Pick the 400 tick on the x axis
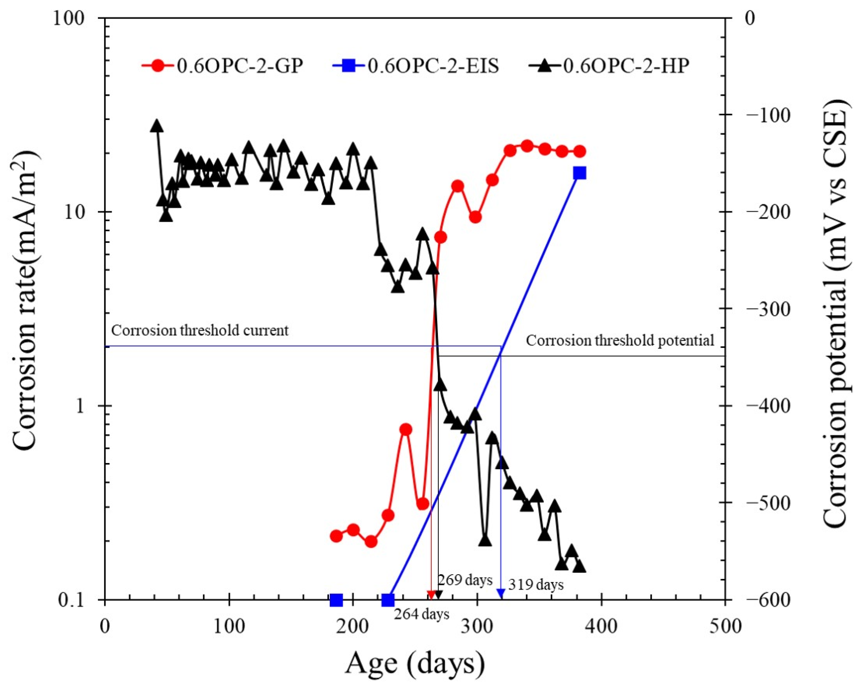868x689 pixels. [x=601, y=627]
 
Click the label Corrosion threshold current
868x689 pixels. [x=200, y=331]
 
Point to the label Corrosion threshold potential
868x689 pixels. [x=620, y=340]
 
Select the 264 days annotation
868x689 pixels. [x=421, y=614]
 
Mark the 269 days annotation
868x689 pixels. [x=465, y=580]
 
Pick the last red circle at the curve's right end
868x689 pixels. [x=580, y=151]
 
